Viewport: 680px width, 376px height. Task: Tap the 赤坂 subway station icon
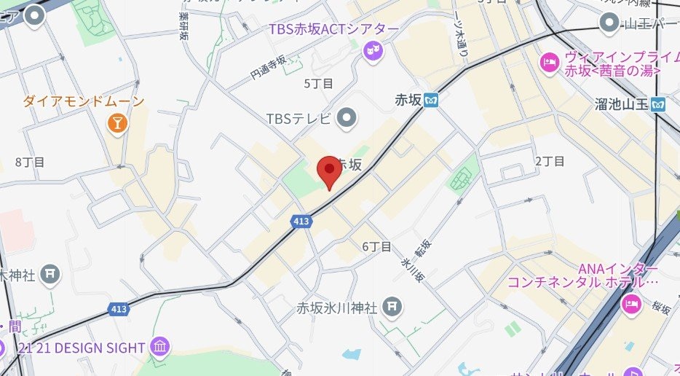pyautogui.click(x=432, y=100)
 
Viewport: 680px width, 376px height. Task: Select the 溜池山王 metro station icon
pyautogui.click(x=659, y=103)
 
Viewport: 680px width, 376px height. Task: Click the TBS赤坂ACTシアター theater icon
pyautogui.click(x=373, y=51)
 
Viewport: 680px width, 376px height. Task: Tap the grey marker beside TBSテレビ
pyautogui.click(x=348, y=117)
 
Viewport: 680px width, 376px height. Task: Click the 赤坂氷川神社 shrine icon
pyautogui.click(x=392, y=307)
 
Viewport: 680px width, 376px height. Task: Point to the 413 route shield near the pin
pyautogui.click(x=300, y=219)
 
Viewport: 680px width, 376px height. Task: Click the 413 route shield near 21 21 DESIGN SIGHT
pyautogui.click(x=119, y=309)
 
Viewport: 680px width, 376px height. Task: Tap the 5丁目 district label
pyautogui.click(x=318, y=83)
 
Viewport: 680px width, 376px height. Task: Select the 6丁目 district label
pyautogui.click(x=376, y=246)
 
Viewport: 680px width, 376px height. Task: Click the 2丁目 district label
pyautogui.click(x=549, y=161)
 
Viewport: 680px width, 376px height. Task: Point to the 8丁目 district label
pyautogui.click(x=30, y=161)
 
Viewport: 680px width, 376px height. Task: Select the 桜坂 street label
pyautogui.click(x=661, y=309)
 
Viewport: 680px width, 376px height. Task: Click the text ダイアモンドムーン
pyautogui.click(x=84, y=101)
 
